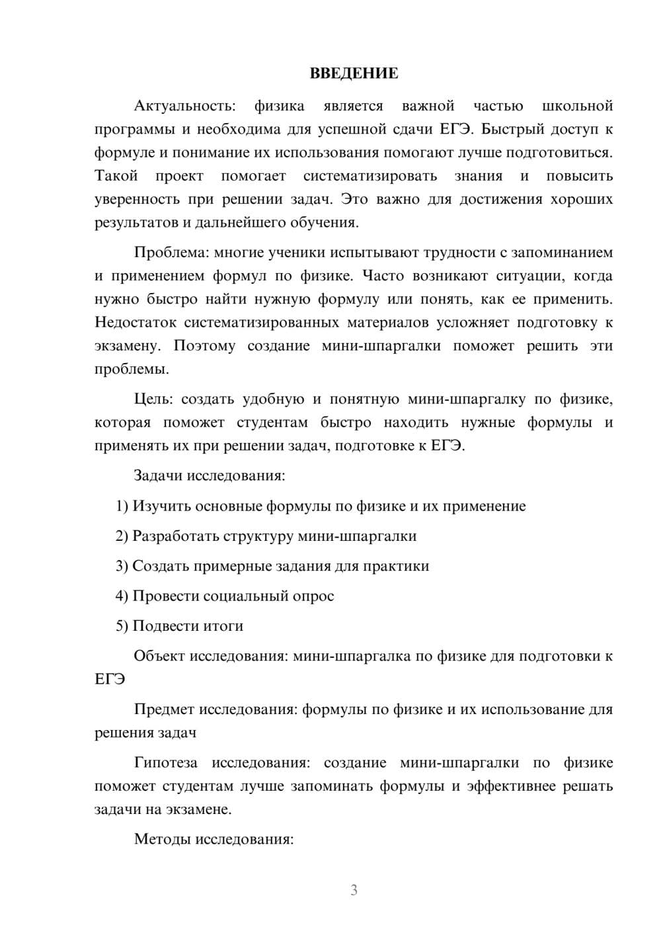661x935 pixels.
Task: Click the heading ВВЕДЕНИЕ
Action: [x=354, y=73]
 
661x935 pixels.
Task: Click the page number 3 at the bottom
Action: [x=354, y=890]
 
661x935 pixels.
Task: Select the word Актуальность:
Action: [x=184, y=106]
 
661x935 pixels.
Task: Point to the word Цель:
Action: [x=153, y=399]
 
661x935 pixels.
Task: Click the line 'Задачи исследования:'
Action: [x=209, y=475]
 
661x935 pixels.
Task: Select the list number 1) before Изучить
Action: [x=122, y=506]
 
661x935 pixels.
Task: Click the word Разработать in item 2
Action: [x=175, y=536]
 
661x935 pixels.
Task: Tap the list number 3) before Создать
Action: [x=122, y=566]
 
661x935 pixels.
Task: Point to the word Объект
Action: [x=159, y=656]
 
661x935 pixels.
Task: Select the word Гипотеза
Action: [x=165, y=762]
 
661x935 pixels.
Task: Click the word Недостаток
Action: [x=136, y=323]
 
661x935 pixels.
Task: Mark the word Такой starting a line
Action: [x=116, y=176]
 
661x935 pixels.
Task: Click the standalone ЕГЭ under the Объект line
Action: [x=110, y=679]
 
